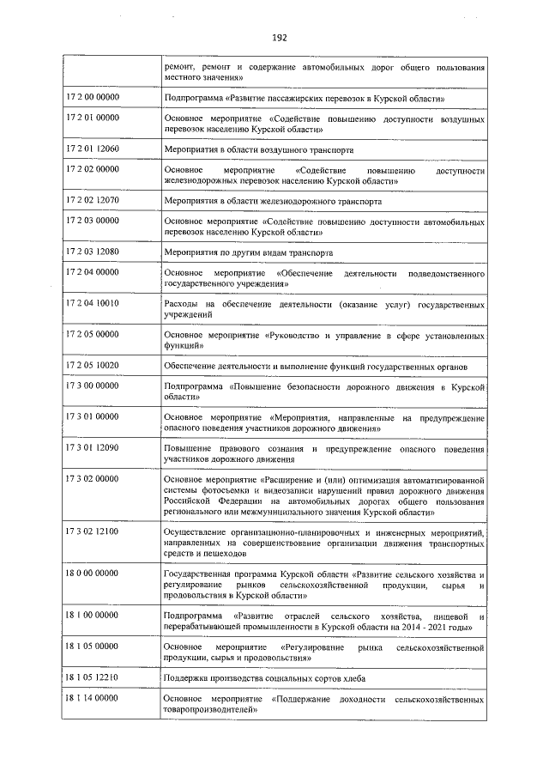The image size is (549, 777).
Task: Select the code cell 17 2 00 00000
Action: point(93,98)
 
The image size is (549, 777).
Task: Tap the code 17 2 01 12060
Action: point(93,148)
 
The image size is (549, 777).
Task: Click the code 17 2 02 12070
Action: point(93,200)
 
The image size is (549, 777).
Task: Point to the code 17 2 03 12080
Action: point(93,252)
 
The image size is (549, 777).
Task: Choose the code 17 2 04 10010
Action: point(93,303)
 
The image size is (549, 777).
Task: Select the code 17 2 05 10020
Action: point(93,365)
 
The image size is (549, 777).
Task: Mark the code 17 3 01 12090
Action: point(93,447)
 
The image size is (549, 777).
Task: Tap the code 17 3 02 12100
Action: point(93,531)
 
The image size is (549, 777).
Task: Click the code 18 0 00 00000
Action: point(93,572)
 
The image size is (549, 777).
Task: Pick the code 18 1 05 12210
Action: point(93,676)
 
